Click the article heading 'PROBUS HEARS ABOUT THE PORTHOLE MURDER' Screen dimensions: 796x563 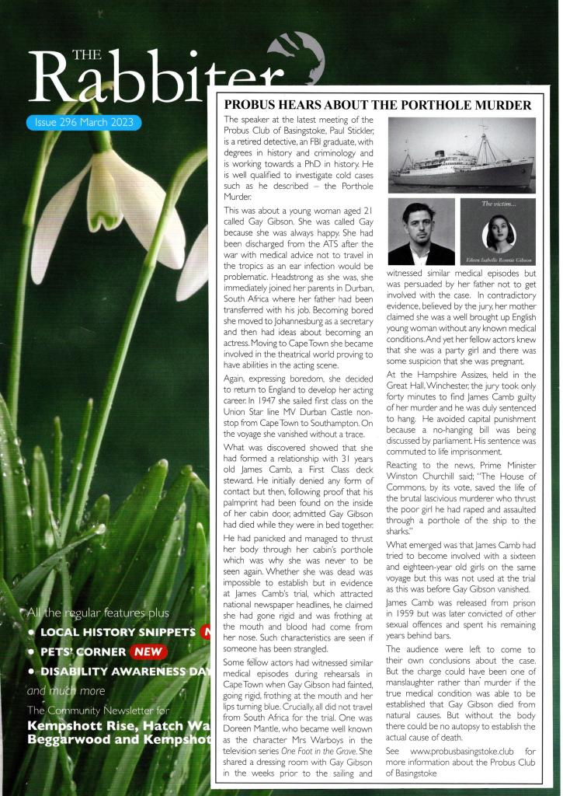(x=377, y=105)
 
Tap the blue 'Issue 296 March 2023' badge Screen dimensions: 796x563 (x=83, y=123)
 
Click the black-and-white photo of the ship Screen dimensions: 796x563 (x=462, y=155)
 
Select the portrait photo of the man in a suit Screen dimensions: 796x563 (x=421, y=232)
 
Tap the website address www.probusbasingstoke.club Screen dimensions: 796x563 (x=450, y=752)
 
